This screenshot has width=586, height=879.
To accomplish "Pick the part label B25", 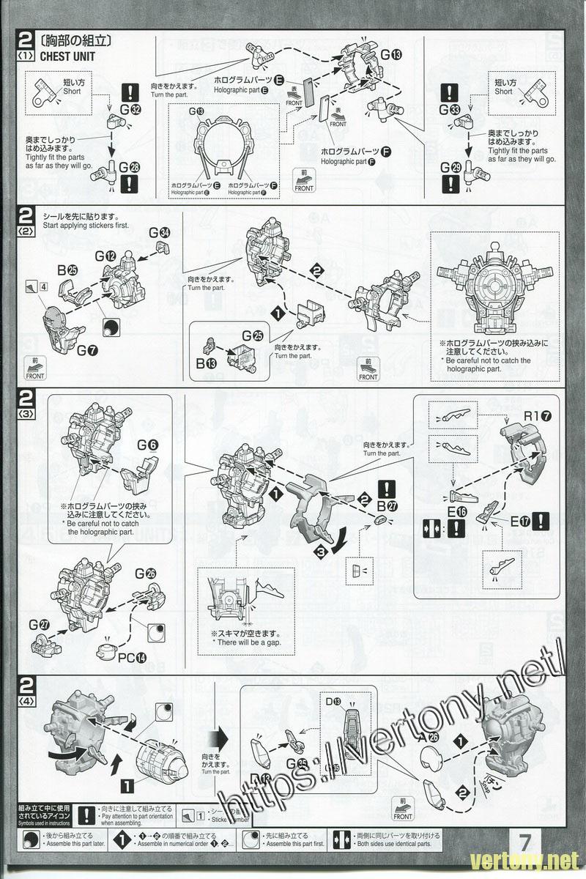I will pos(67,270).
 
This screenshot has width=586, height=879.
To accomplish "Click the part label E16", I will pos(459,511).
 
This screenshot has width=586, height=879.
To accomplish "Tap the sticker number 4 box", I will pos(44,286).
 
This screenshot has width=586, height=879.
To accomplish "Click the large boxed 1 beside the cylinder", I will pos(127,788).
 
